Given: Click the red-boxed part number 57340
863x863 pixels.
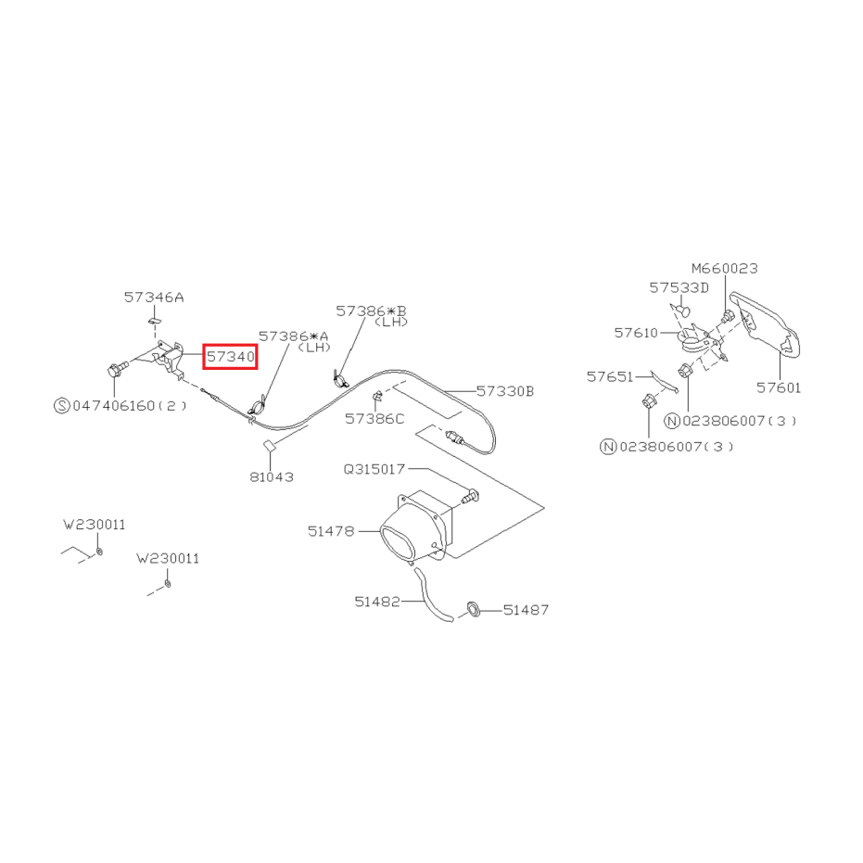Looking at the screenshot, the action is [x=231, y=357].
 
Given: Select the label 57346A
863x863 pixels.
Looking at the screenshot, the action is [x=154, y=298].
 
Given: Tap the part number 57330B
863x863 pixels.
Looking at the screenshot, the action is [x=504, y=391].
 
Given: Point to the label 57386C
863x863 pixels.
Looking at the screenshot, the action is [x=374, y=419].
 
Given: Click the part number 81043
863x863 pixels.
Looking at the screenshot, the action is [x=272, y=476].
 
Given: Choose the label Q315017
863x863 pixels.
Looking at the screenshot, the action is [x=374, y=469].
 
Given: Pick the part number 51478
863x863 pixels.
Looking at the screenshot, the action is [x=331, y=531].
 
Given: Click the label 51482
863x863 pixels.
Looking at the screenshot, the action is [x=377, y=602].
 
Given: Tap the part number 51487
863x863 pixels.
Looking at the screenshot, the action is [x=527, y=610].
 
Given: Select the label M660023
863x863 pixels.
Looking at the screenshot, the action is [x=725, y=269].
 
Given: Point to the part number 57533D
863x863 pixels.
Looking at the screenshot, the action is [x=679, y=288].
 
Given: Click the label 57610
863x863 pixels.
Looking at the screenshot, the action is [x=636, y=333].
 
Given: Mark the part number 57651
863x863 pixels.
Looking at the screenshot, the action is [x=610, y=376].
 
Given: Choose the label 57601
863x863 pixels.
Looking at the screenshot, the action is [x=779, y=387].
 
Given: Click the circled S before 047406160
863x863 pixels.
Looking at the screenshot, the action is [x=61, y=406].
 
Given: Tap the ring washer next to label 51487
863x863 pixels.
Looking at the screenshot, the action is [x=473, y=609].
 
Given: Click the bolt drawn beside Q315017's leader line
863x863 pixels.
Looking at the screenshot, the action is [x=469, y=497].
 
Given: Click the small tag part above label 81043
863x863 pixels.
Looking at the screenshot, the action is [x=268, y=445].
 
